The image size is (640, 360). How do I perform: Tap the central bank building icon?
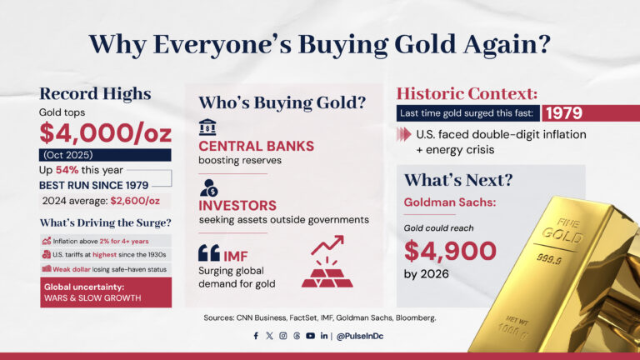(207, 127)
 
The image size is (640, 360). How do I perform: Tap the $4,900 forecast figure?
(450, 250)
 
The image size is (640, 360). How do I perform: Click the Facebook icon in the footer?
(256, 336)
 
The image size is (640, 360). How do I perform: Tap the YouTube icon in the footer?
(310, 336)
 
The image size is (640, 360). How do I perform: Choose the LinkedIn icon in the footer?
(323, 336)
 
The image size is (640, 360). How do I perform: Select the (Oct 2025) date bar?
(104, 155)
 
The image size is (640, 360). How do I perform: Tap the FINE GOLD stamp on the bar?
(560, 227)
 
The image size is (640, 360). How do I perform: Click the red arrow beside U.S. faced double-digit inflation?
(405, 134)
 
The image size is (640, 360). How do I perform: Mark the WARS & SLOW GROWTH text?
(92, 297)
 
